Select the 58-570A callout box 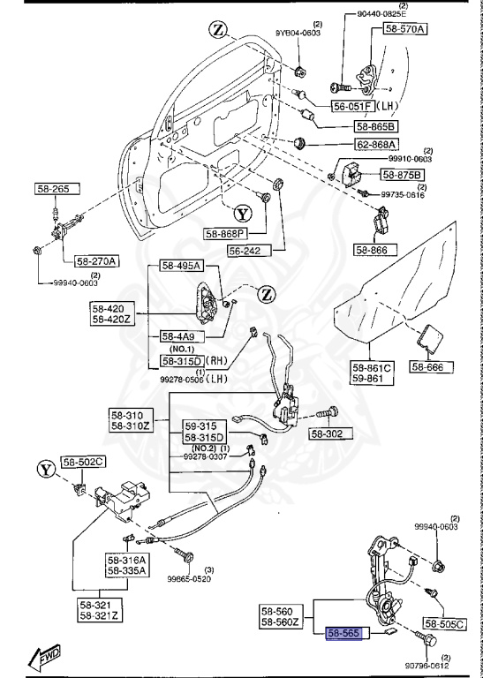pyautogui.click(x=404, y=29)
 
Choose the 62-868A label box pyautogui.click(x=377, y=145)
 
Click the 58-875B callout pyautogui.click(x=403, y=175)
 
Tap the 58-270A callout pyautogui.click(x=97, y=260)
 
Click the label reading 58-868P pyautogui.click(x=226, y=233)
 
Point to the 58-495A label pyautogui.click(x=181, y=266)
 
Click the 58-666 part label pyautogui.click(x=433, y=365)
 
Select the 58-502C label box pyautogui.click(x=82, y=462)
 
